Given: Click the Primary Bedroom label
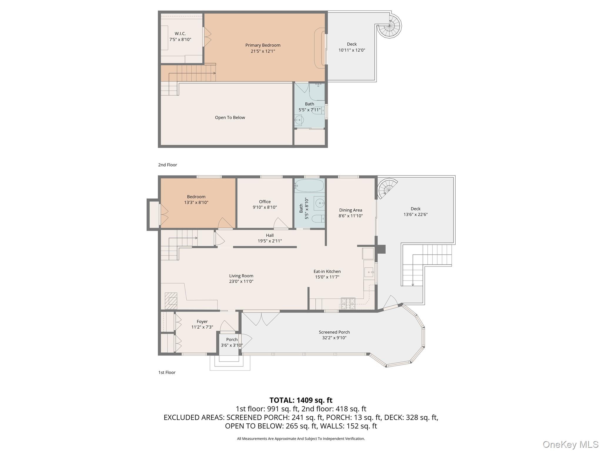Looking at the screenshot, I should [263, 45].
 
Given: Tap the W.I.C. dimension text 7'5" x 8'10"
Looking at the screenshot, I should [180, 39].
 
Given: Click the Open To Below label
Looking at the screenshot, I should [230, 117].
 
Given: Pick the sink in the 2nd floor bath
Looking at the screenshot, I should [299, 120].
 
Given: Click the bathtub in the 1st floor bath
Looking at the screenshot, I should [309, 186].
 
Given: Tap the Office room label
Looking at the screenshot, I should [265, 202].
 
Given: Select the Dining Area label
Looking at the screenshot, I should [350, 210].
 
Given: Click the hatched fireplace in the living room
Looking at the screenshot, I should [171, 301].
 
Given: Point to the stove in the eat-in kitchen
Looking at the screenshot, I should [348, 304].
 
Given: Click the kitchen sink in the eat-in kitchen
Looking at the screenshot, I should [369, 272].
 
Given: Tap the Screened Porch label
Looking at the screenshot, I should [334, 332].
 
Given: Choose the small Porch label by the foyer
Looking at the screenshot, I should [232, 339].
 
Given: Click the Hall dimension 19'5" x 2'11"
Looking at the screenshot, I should [270, 241].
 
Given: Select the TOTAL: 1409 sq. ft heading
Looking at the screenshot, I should [301, 400].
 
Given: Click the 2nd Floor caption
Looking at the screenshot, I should [168, 165].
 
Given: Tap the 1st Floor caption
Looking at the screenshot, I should [167, 372].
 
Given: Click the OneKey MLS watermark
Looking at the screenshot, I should [570, 444].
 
